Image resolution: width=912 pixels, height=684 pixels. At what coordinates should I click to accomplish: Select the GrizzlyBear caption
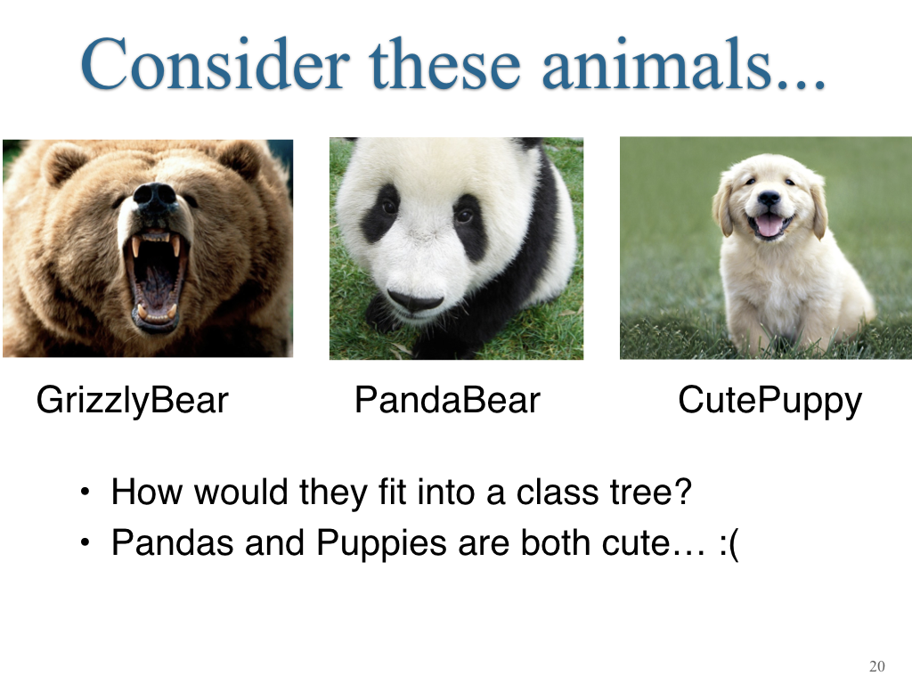click(133, 402)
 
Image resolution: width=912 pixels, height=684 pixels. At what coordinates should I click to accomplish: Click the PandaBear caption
click(447, 400)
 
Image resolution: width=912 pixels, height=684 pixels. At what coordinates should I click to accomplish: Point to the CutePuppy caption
click(770, 402)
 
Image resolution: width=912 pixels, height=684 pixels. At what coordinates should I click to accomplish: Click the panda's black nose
click(415, 300)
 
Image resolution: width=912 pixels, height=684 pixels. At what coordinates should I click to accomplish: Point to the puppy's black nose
click(769, 199)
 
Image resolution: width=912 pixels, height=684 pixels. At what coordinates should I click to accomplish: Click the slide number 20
click(877, 666)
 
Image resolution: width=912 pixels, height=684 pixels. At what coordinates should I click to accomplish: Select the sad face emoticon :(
click(729, 544)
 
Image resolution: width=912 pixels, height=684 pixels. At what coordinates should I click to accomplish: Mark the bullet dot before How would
click(85, 492)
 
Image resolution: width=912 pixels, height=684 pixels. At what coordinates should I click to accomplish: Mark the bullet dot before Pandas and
click(85, 542)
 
